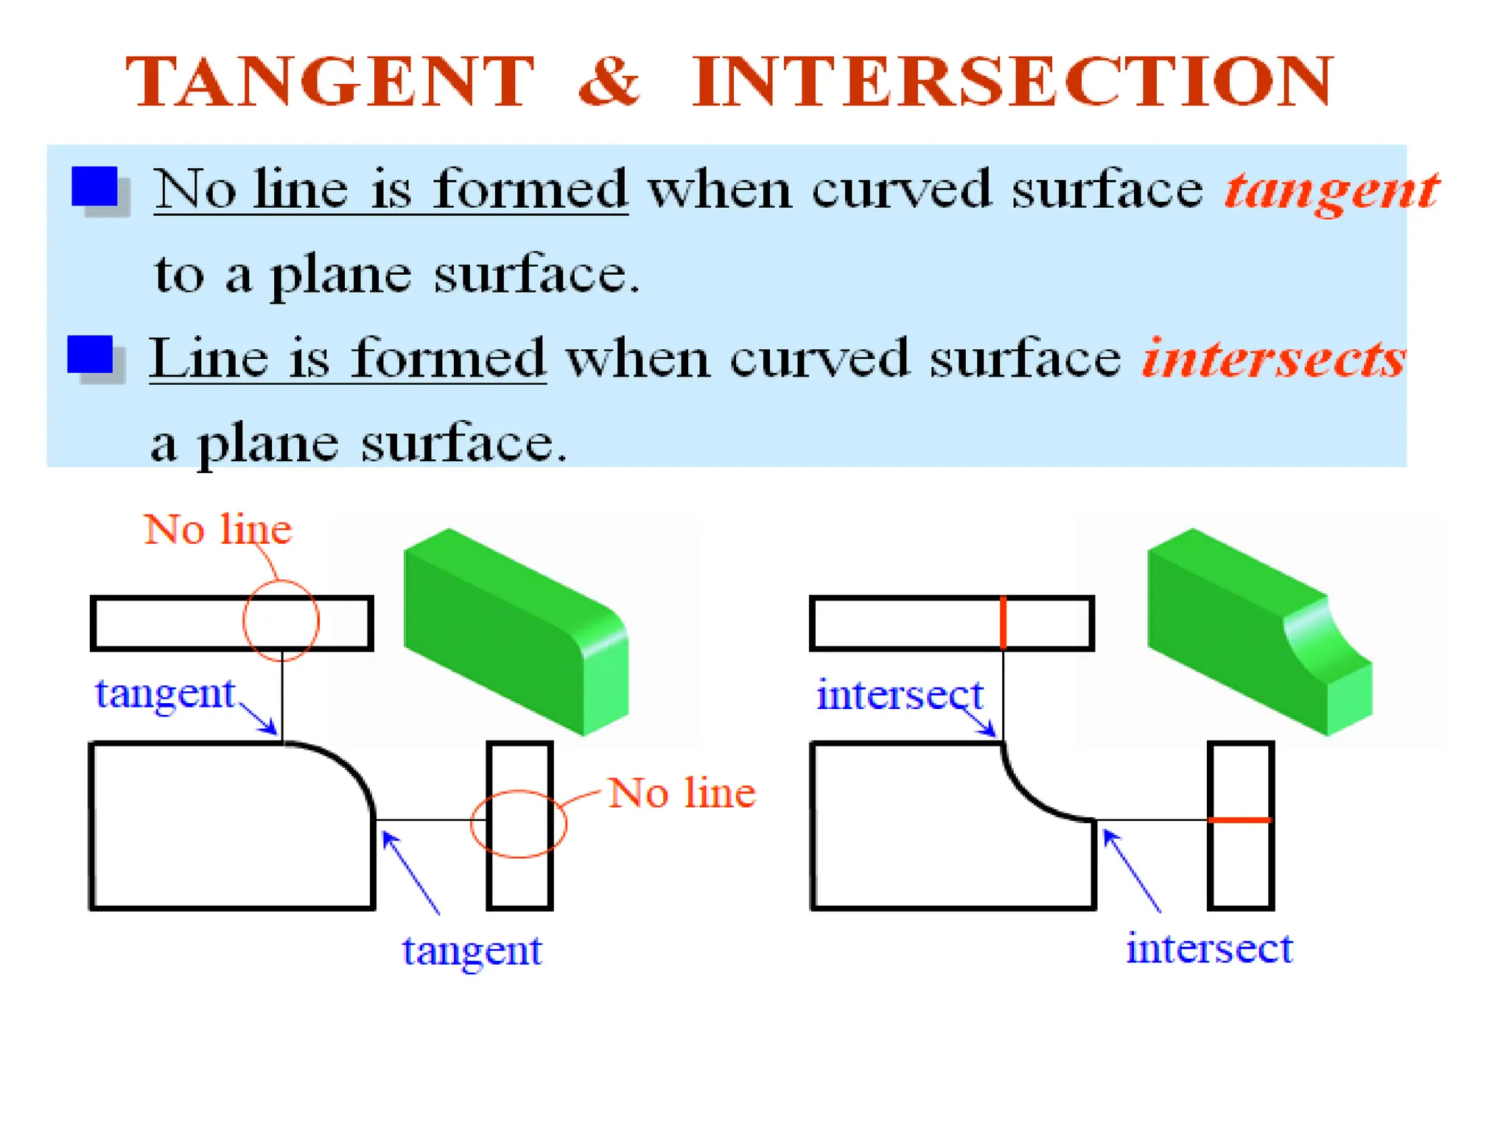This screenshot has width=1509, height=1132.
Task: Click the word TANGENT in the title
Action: point(329,82)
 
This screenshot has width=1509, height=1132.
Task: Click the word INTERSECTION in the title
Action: point(1012,82)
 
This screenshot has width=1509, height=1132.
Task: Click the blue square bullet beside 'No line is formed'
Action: point(95,186)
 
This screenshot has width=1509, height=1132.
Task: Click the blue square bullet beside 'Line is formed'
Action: point(90,354)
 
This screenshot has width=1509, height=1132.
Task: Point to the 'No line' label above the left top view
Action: point(218,530)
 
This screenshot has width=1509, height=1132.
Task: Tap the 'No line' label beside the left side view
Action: point(682,794)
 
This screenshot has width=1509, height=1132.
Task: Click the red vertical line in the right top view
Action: point(1003,623)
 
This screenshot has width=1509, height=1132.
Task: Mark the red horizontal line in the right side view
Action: point(1240,820)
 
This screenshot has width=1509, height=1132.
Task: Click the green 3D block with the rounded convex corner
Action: point(516,634)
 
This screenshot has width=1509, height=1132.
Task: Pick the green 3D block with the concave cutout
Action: point(1253,634)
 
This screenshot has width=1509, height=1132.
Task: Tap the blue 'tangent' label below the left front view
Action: point(472,951)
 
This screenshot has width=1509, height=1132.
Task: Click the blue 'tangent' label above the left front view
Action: point(165,694)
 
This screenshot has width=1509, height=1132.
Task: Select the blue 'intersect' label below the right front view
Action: point(1209,948)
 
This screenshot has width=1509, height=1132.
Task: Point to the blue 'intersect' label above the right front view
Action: point(900,695)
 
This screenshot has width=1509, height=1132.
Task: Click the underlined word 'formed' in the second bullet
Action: point(447,359)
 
